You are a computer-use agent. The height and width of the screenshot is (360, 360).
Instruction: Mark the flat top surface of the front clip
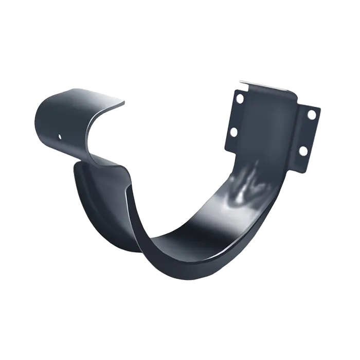pyautogui.click(x=77, y=95)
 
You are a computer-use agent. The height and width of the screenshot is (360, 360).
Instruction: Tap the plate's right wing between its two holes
pyautogui.click(x=308, y=133)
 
